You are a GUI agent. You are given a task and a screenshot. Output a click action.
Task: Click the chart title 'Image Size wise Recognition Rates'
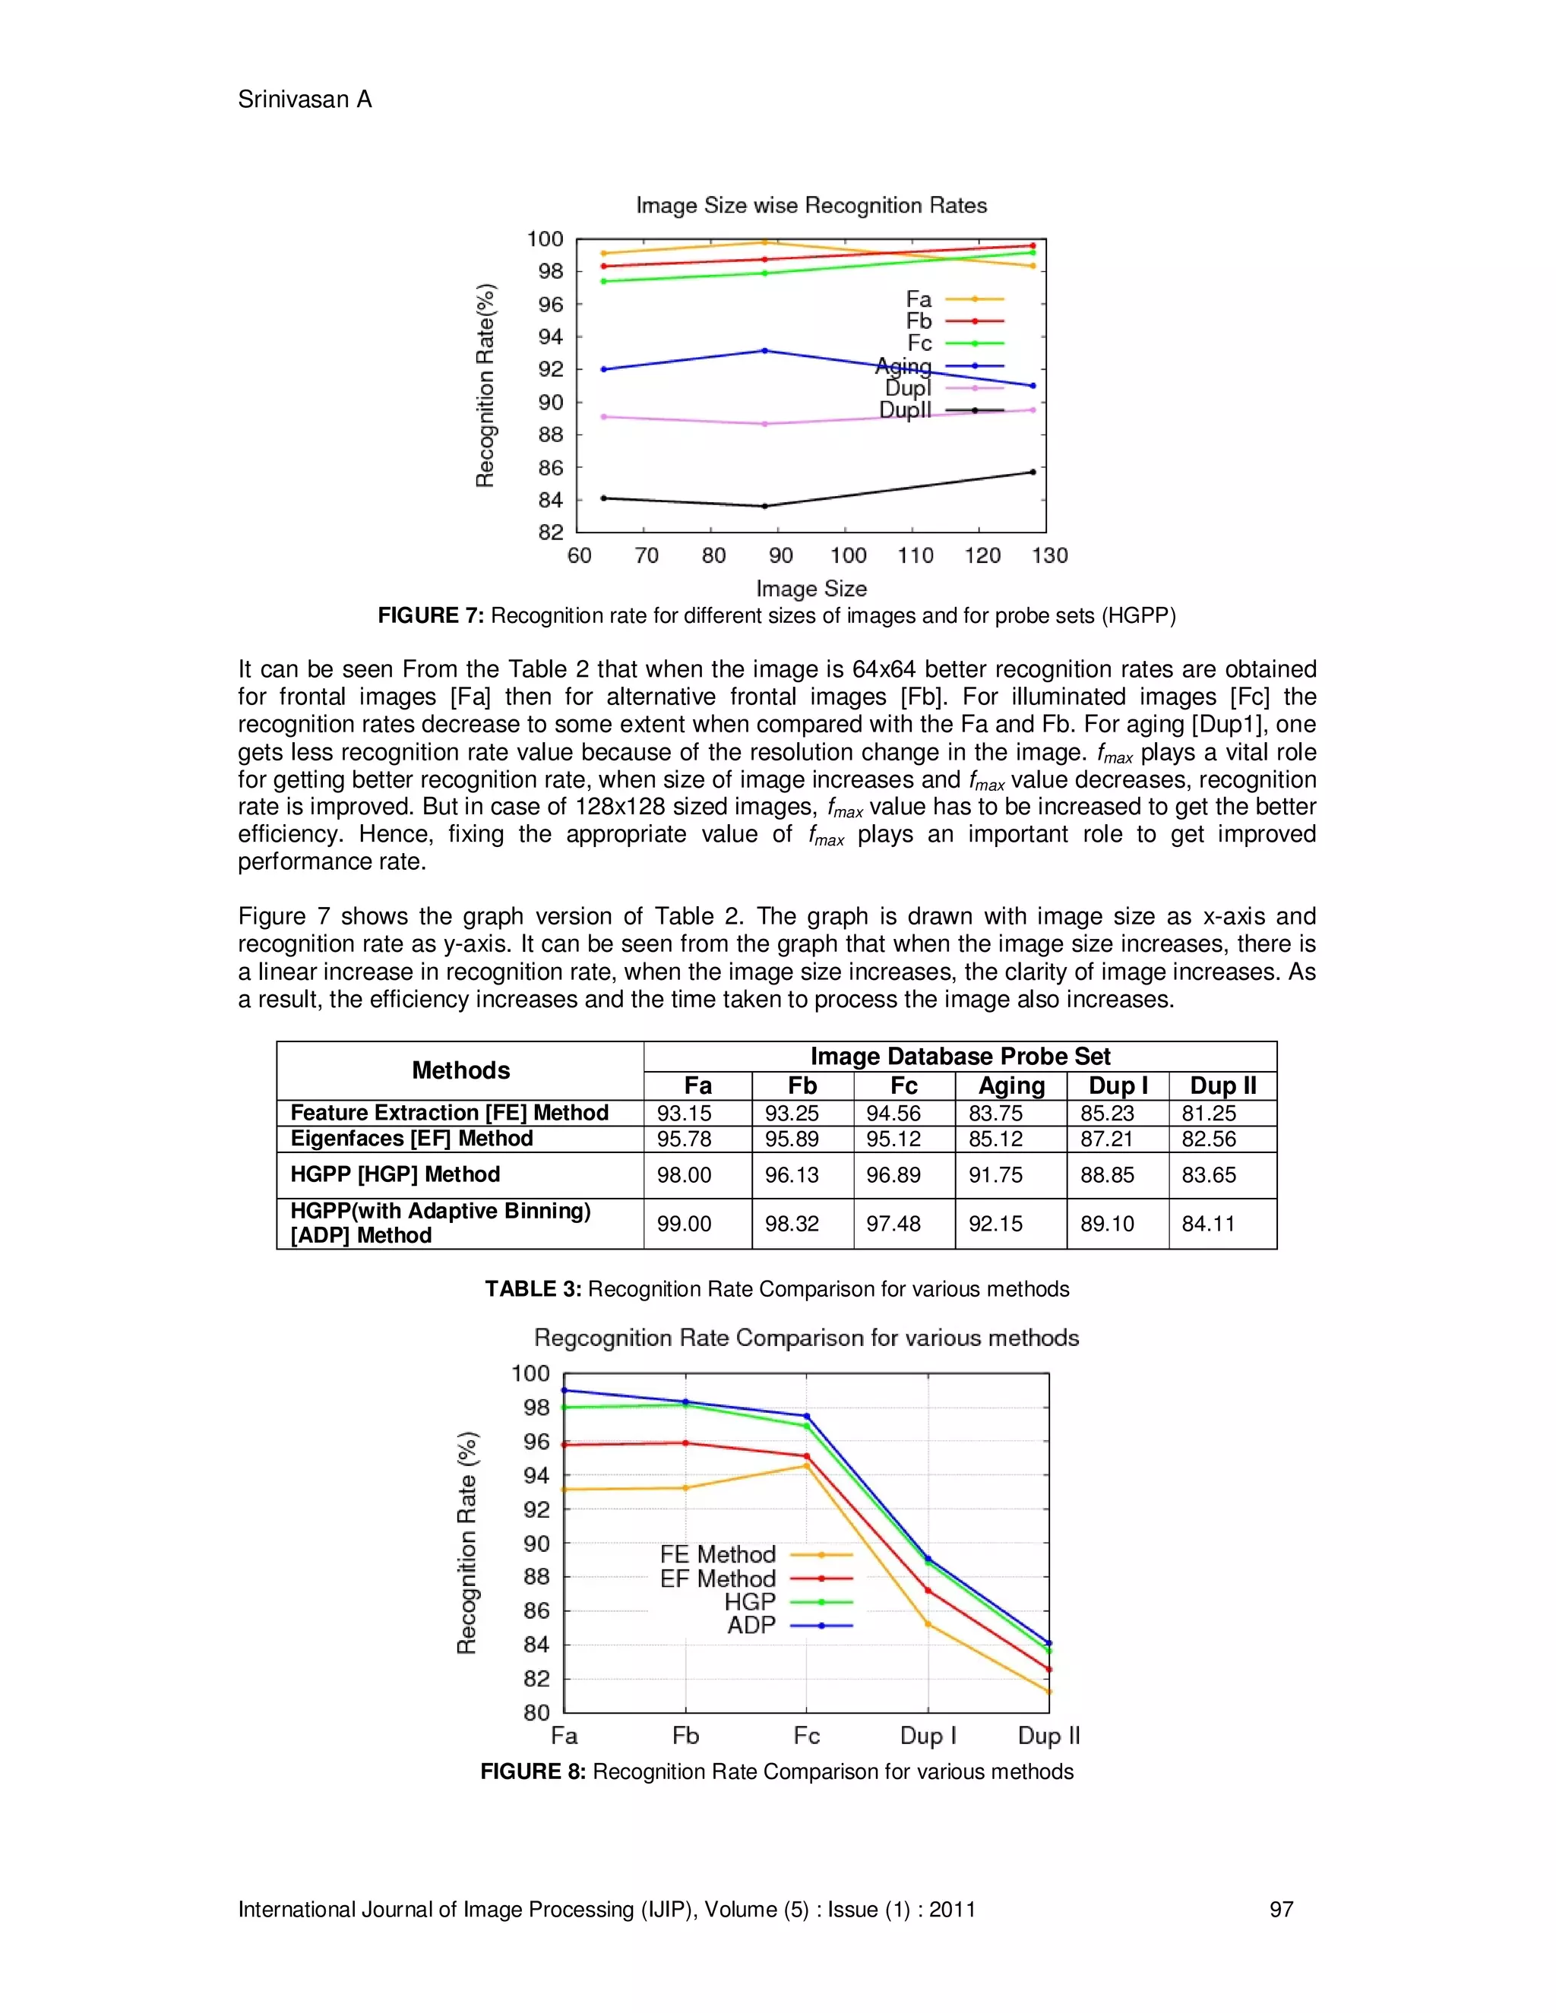click(x=811, y=206)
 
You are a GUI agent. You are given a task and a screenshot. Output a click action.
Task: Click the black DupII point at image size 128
click(x=1033, y=472)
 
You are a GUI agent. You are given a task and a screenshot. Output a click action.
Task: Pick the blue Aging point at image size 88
click(x=764, y=350)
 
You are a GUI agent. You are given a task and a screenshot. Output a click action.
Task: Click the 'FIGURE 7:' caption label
click(x=431, y=616)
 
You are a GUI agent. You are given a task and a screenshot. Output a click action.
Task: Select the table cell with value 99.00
click(x=684, y=1223)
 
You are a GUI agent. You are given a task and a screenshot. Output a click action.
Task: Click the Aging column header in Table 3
click(x=1011, y=1086)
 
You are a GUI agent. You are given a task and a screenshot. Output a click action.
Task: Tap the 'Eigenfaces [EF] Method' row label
click(x=411, y=1139)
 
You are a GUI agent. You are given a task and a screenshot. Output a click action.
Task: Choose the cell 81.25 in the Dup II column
click(x=1209, y=1113)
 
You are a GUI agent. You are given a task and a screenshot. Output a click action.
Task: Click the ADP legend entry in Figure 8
click(x=752, y=1626)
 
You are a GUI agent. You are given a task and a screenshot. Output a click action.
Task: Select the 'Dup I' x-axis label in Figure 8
click(x=928, y=1736)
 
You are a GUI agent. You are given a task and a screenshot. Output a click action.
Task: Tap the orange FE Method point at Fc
click(x=807, y=1465)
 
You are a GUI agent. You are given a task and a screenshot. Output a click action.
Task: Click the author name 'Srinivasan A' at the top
click(x=304, y=100)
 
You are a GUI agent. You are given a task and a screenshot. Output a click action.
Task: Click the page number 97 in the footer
click(x=1280, y=1909)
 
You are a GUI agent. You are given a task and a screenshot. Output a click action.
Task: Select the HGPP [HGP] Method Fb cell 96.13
click(x=791, y=1174)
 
